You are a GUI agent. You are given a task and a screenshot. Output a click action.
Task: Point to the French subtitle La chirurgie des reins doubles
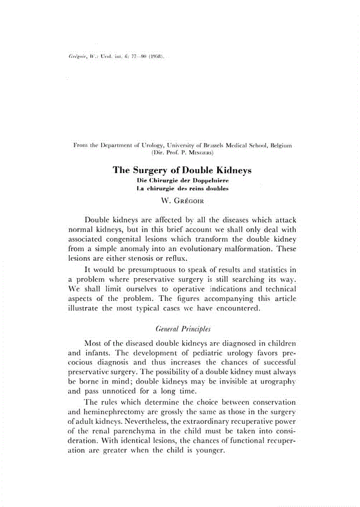pos(183,189)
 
